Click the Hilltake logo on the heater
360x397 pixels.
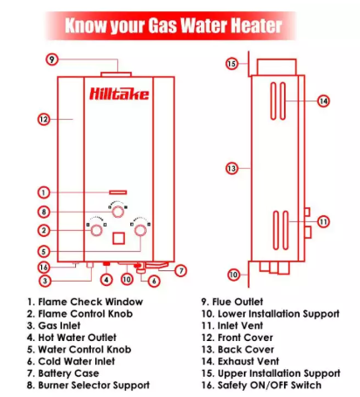[119, 94]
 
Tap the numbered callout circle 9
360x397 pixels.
[52, 59]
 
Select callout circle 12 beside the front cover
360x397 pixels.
[44, 119]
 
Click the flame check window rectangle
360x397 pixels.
[118, 192]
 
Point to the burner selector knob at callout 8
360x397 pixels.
[118, 212]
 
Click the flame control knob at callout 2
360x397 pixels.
[96, 230]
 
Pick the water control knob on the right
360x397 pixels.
[140, 230]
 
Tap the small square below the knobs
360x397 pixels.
[119, 238]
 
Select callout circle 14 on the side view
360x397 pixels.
[323, 101]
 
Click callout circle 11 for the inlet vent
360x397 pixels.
[323, 222]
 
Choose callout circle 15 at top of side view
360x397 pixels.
[232, 64]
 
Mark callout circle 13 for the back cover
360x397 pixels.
[232, 168]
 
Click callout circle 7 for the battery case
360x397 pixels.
[181, 270]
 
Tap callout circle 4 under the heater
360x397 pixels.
[107, 280]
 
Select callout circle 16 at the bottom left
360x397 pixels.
[44, 268]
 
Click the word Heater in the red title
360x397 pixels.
[256, 25]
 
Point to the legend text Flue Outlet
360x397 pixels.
[238, 302]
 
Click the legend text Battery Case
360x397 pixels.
[68, 373]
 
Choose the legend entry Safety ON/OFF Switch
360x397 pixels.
[269, 386]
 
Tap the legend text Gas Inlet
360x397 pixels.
[59, 325]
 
